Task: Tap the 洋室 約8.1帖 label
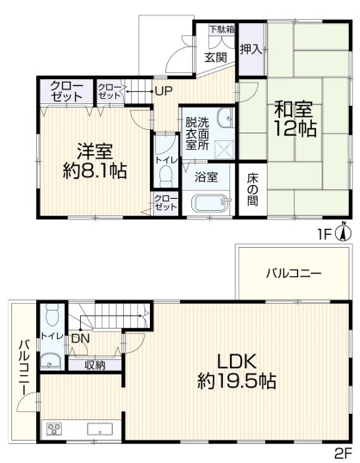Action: (x=94, y=159)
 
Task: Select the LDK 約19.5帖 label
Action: (x=234, y=370)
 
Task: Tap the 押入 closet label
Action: (x=251, y=50)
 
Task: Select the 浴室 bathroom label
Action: (x=206, y=178)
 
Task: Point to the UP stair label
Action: (x=164, y=90)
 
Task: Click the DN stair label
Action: (x=78, y=339)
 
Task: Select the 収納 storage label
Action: (x=95, y=365)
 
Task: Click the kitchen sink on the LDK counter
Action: (x=96, y=429)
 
